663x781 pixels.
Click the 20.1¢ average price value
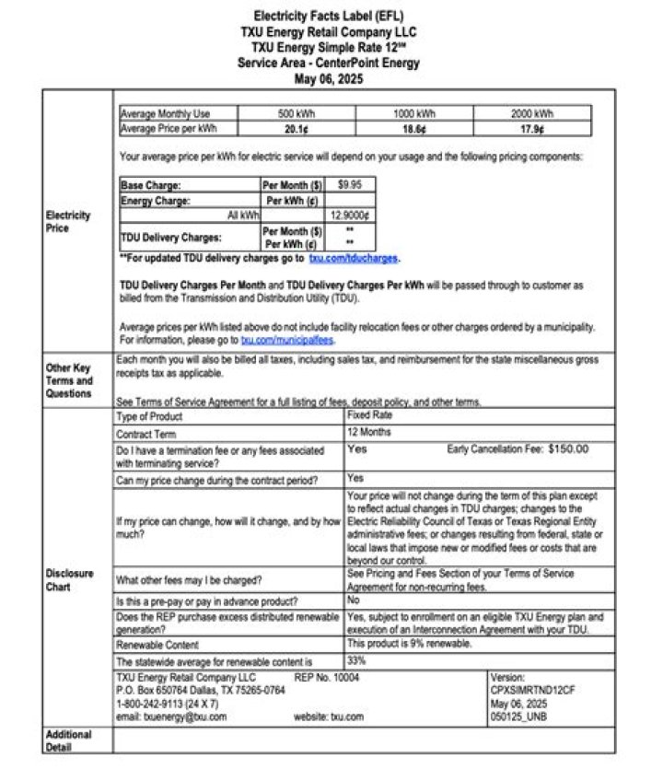(x=295, y=129)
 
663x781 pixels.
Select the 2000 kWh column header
(x=532, y=114)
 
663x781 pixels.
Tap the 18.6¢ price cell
(x=413, y=129)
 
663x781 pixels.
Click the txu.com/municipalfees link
(x=287, y=340)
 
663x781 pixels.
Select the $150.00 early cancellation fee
(x=568, y=449)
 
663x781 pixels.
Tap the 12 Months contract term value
(x=369, y=431)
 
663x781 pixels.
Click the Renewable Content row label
(x=157, y=646)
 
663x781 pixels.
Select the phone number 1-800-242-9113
(x=156, y=704)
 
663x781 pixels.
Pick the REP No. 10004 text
(x=327, y=677)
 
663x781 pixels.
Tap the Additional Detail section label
(x=69, y=740)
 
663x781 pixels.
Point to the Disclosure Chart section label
(x=69, y=579)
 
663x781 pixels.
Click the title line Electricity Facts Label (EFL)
(x=330, y=17)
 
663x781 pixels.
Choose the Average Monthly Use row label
(x=166, y=114)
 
